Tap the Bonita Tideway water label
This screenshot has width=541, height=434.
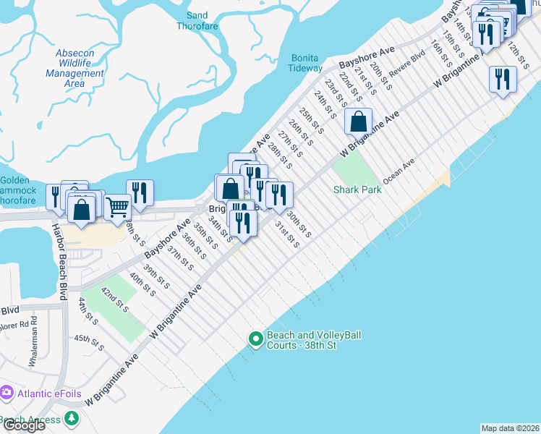coord(306,63)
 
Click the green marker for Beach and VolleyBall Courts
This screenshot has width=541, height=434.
coord(255,339)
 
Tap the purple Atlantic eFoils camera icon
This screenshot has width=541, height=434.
coord(7,393)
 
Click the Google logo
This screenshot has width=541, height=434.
coord(23,425)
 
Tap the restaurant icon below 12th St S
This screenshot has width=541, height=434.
coord(502,78)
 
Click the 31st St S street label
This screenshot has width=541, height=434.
coord(286,234)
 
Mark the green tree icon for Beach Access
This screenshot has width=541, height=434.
coord(71,418)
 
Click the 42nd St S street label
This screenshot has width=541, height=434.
coord(114,299)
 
